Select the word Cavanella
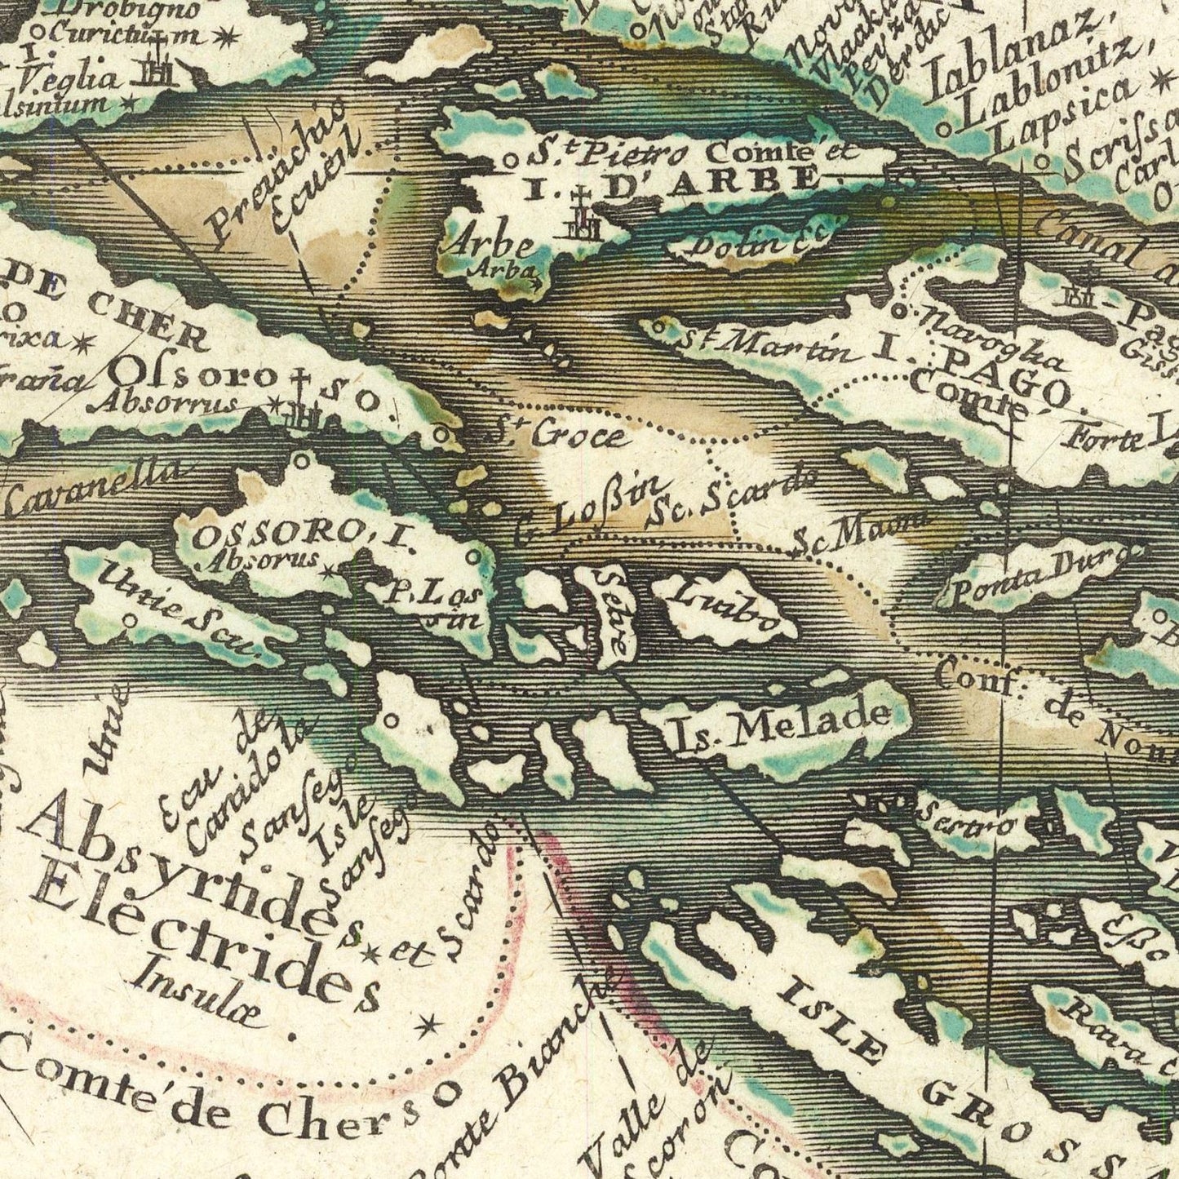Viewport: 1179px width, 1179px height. pyautogui.click(x=94, y=488)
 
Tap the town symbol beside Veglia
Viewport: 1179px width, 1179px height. pyautogui.click(x=155, y=71)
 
